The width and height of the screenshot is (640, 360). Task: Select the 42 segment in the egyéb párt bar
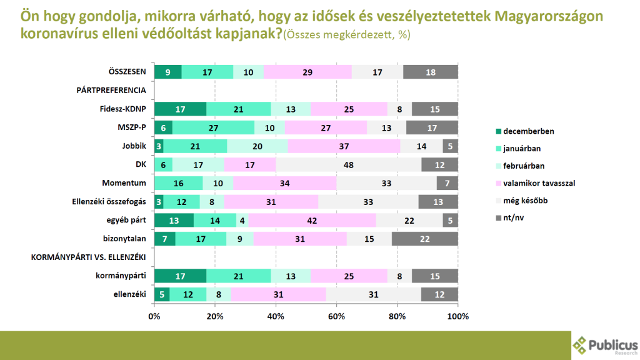312,221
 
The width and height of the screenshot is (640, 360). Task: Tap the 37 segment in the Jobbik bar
344,146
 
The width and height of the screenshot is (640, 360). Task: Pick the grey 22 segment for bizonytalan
425,239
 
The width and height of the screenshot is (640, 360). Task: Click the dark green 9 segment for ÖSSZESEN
168,72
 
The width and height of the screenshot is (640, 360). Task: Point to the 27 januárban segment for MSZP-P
213,127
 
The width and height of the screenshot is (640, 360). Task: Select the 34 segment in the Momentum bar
285,183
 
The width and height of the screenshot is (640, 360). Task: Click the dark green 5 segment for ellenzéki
162,294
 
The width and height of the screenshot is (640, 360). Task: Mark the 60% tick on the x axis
336,316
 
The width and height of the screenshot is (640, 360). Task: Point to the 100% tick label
458,316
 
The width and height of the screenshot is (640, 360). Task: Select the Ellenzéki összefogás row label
110,202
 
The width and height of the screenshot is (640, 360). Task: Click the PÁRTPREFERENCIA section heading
111,90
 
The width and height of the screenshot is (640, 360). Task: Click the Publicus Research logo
605,345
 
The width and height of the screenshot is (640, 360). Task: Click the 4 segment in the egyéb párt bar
242,221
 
